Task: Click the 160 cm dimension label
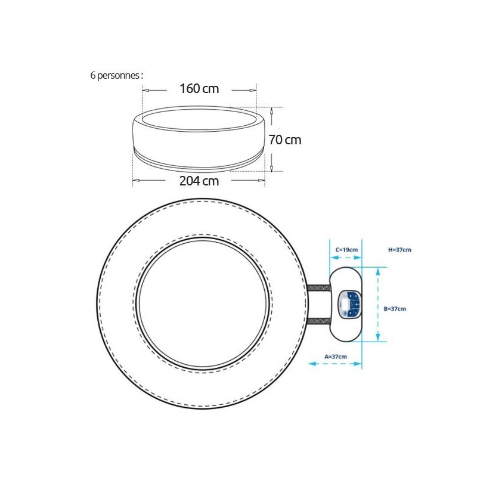point(199,88)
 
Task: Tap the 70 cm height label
point(285,140)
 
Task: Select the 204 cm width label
point(199,181)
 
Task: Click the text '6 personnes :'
point(116,76)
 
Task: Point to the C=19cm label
point(346,250)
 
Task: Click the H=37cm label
point(399,250)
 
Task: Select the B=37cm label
point(395,309)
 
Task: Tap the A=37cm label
point(336,357)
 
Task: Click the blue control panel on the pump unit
point(350,305)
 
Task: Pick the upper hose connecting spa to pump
point(318,288)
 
